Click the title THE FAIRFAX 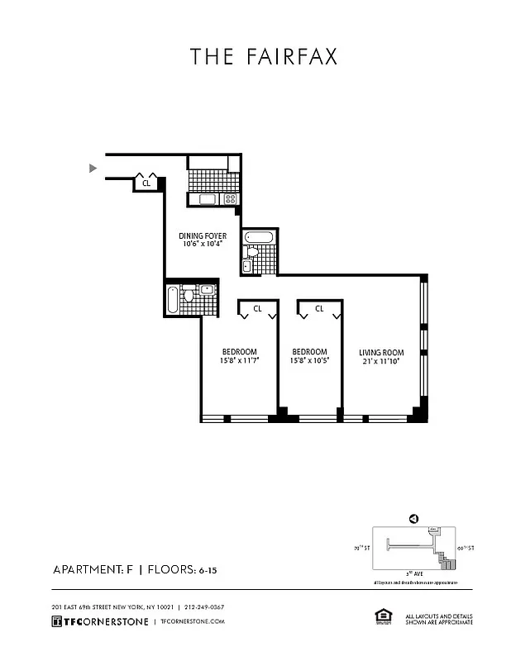(264, 56)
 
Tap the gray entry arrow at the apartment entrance (93, 169)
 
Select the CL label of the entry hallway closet (146, 183)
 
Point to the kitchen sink (206, 199)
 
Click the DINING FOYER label (203, 235)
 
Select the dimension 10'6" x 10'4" (203, 245)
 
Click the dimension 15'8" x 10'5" (308, 361)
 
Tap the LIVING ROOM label (381, 352)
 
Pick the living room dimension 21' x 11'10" (381, 361)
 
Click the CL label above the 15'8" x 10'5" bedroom (318, 309)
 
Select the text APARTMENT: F (92, 570)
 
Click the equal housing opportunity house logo (383, 616)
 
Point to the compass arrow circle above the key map (413, 518)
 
